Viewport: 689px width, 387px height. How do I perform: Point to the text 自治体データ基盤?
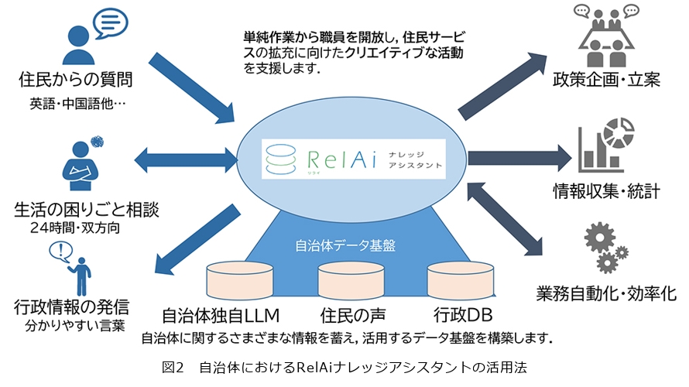coord(346,246)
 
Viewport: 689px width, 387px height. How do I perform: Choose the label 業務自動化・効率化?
coord(606,293)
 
